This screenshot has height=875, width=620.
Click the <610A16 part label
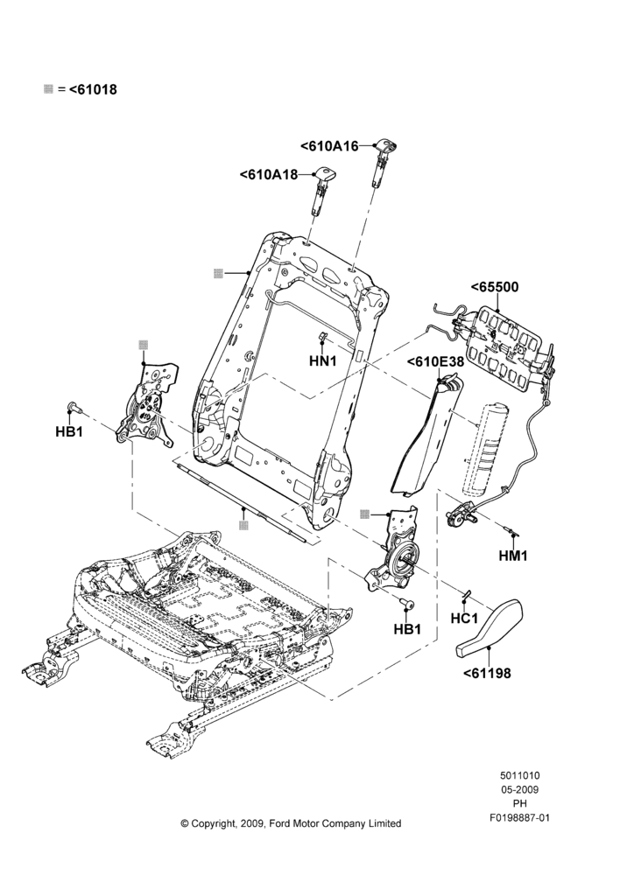329,146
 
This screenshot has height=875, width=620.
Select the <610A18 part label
269,175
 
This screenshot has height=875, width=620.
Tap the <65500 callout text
494,287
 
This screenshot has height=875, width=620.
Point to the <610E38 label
435,361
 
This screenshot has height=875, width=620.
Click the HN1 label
323,361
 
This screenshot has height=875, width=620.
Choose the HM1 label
513,556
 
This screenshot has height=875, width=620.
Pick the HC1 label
464,619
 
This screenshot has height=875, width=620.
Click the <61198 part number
487,674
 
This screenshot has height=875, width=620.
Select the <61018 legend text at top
93,89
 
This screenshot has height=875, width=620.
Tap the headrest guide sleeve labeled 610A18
320,190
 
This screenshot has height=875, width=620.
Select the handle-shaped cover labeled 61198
490,627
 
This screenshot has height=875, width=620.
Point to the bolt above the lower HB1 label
408,605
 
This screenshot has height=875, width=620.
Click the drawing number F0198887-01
519,818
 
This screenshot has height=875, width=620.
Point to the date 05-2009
519,789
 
